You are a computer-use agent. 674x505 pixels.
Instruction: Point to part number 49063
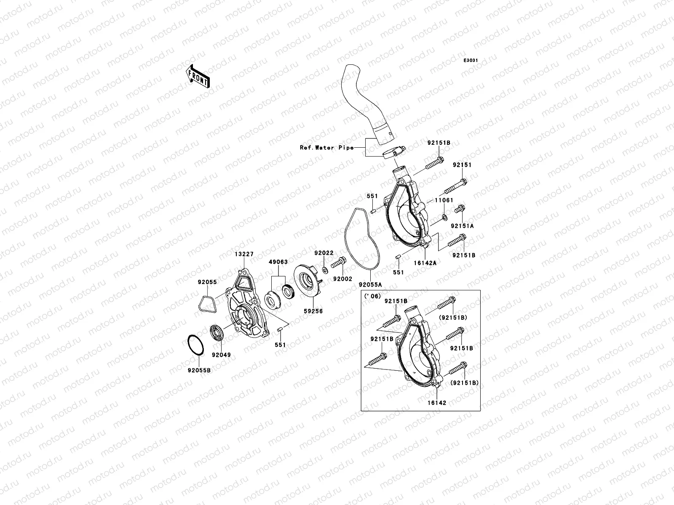[x=278, y=262]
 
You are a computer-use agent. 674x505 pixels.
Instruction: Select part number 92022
[x=324, y=253]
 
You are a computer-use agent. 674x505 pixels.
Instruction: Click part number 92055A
[x=370, y=284]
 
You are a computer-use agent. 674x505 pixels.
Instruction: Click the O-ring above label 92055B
[x=196, y=346]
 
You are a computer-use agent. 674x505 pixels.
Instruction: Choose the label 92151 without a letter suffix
[x=462, y=165]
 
